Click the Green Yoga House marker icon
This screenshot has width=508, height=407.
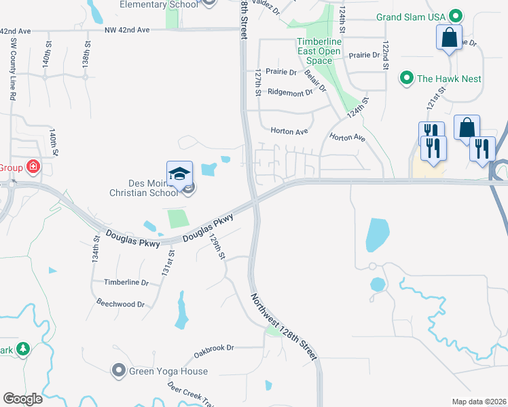[119, 370]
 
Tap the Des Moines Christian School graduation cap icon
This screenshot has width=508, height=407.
[179, 174]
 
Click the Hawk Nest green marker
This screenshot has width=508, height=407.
[407, 78]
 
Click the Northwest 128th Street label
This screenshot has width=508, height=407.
[284, 326]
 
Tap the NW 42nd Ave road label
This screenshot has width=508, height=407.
[127, 30]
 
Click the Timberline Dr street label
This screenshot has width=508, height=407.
[126, 282]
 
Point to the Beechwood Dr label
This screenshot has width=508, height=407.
[121, 304]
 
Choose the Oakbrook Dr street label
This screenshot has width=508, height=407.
[213, 347]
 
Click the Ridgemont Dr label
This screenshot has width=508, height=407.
[290, 92]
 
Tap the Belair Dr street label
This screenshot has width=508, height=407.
[316, 81]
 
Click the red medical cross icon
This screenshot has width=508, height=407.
[32, 167]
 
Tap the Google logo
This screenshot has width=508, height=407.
[22, 399]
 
